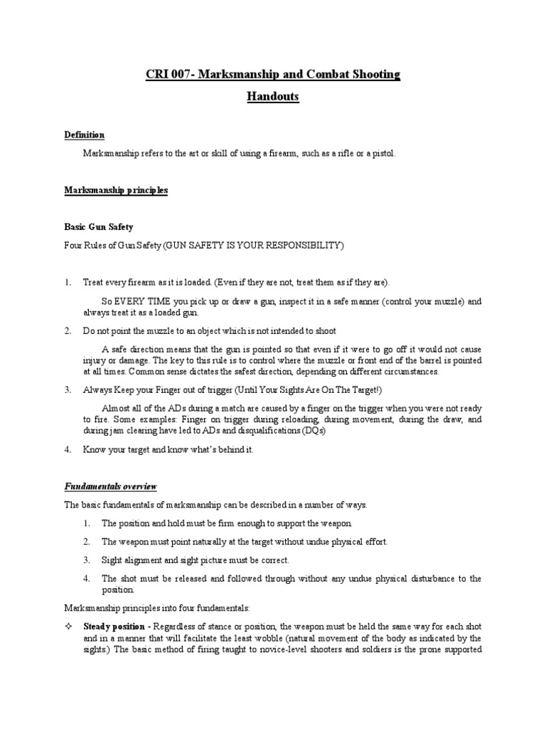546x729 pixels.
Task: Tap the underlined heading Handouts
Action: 272,98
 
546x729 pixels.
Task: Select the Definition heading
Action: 85,135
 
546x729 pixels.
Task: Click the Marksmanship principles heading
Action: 116,190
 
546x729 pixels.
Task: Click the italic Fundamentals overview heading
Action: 110,486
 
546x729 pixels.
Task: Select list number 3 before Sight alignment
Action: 87,560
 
